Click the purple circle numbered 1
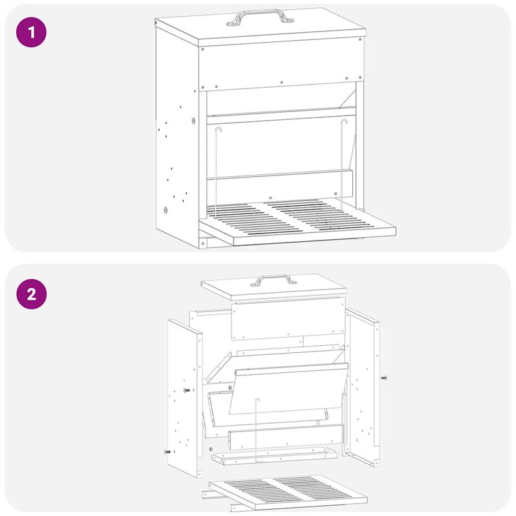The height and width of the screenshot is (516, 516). click(31, 32)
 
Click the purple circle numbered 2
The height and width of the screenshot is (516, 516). click(31, 294)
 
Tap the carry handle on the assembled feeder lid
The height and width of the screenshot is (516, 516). click(260, 17)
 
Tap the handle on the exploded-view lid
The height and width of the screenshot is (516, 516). click(273, 281)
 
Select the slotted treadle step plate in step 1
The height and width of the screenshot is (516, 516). click(297, 222)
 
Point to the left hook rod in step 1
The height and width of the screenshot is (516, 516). click(216, 173)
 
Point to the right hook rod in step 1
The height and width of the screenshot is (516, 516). click(342, 164)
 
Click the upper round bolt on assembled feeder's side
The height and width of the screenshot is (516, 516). click(193, 121)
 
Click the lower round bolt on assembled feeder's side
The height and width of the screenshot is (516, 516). click(165, 210)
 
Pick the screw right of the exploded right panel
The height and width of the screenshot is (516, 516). click(384, 378)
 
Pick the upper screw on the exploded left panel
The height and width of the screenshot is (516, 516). click(186, 390)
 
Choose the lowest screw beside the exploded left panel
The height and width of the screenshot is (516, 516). click(168, 452)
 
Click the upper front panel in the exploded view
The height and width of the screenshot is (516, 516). click(288, 319)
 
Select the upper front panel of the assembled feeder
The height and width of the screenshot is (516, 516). click(282, 64)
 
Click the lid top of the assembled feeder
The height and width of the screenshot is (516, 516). click(260, 26)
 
